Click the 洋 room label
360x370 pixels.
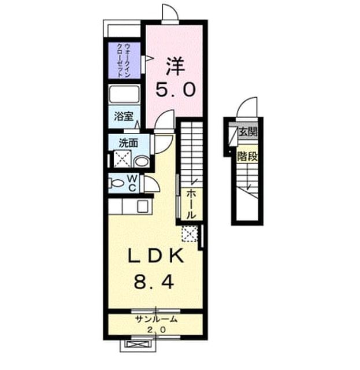click(x=176, y=65)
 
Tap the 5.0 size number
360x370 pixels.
click(x=176, y=90)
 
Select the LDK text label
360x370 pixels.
click(x=156, y=256)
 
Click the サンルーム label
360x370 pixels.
click(x=156, y=319)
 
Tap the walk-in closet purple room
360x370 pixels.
click(x=124, y=60)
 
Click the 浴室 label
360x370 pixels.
click(x=124, y=116)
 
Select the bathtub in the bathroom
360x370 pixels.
click(x=124, y=94)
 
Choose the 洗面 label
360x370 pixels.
click(x=128, y=143)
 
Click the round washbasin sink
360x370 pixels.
click(x=142, y=162)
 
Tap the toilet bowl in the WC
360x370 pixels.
click(x=117, y=183)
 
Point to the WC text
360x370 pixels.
click(x=132, y=183)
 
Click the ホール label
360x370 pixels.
click(x=191, y=204)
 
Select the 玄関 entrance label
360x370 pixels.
click(x=248, y=132)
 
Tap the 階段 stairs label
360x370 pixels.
click(x=247, y=156)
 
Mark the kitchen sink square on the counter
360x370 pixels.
click(x=143, y=206)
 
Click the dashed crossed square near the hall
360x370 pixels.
click(x=190, y=234)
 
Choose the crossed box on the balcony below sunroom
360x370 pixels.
click(x=138, y=345)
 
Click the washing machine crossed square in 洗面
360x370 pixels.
click(x=122, y=159)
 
